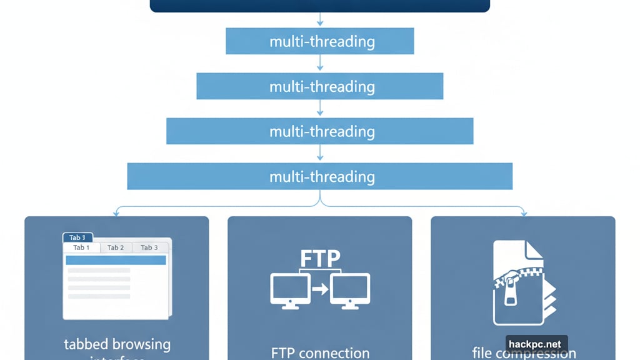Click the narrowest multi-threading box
(319, 41)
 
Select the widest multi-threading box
(319, 176)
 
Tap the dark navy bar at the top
(319, 6)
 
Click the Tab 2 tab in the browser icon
(116, 247)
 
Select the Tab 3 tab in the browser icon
(149, 247)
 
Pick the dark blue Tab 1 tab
(77, 237)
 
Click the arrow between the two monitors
(320, 289)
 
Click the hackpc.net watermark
(536, 344)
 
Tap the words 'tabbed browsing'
(117, 344)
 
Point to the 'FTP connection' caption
(320, 353)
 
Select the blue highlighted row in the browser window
(116, 260)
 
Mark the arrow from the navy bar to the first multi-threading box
(320, 20)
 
